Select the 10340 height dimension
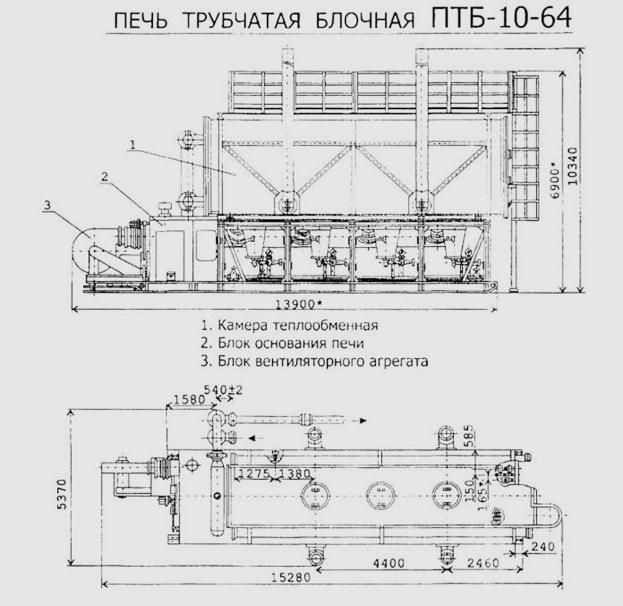click(x=576, y=170)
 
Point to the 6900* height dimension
click(x=553, y=176)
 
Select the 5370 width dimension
click(x=66, y=490)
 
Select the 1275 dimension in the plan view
click(x=254, y=472)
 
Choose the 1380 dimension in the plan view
click(x=296, y=472)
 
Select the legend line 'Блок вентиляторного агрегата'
click(x=315, y=361)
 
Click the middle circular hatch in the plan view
click(x=380, y=492)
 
